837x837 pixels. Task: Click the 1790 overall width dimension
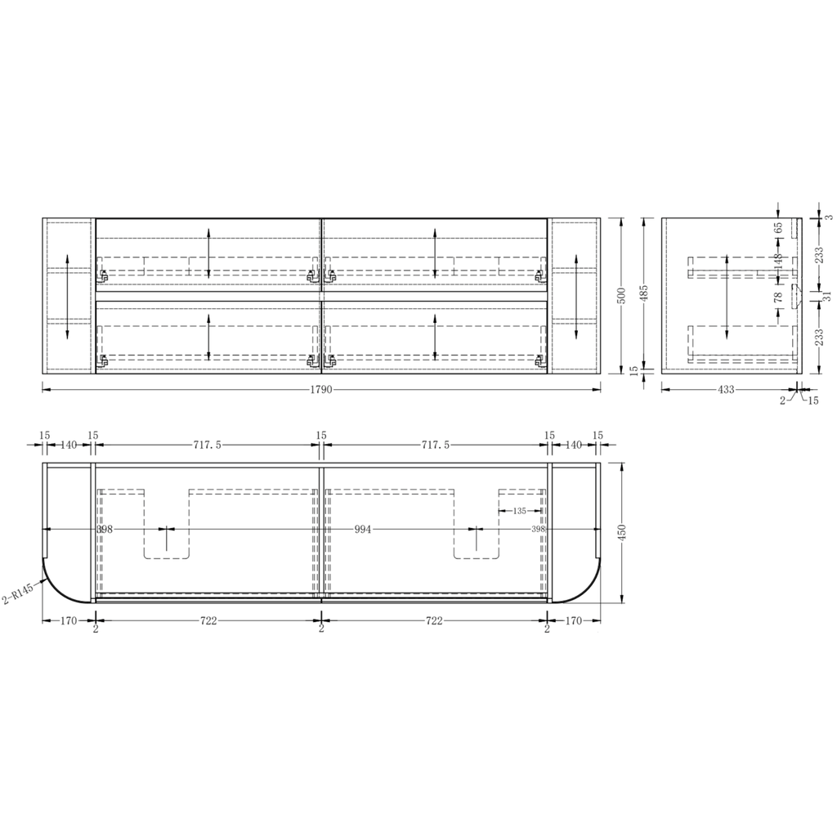(320, 390)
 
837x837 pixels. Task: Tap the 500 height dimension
(621, 296)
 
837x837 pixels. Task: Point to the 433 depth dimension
(726, 390)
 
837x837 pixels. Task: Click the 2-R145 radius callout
(18, 593)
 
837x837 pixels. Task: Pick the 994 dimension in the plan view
(362, 530)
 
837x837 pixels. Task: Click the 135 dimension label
(519, 511)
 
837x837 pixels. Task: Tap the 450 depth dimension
(621, 532)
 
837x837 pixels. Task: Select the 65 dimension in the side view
(778, 227)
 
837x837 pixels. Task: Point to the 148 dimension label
(778, 261)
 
